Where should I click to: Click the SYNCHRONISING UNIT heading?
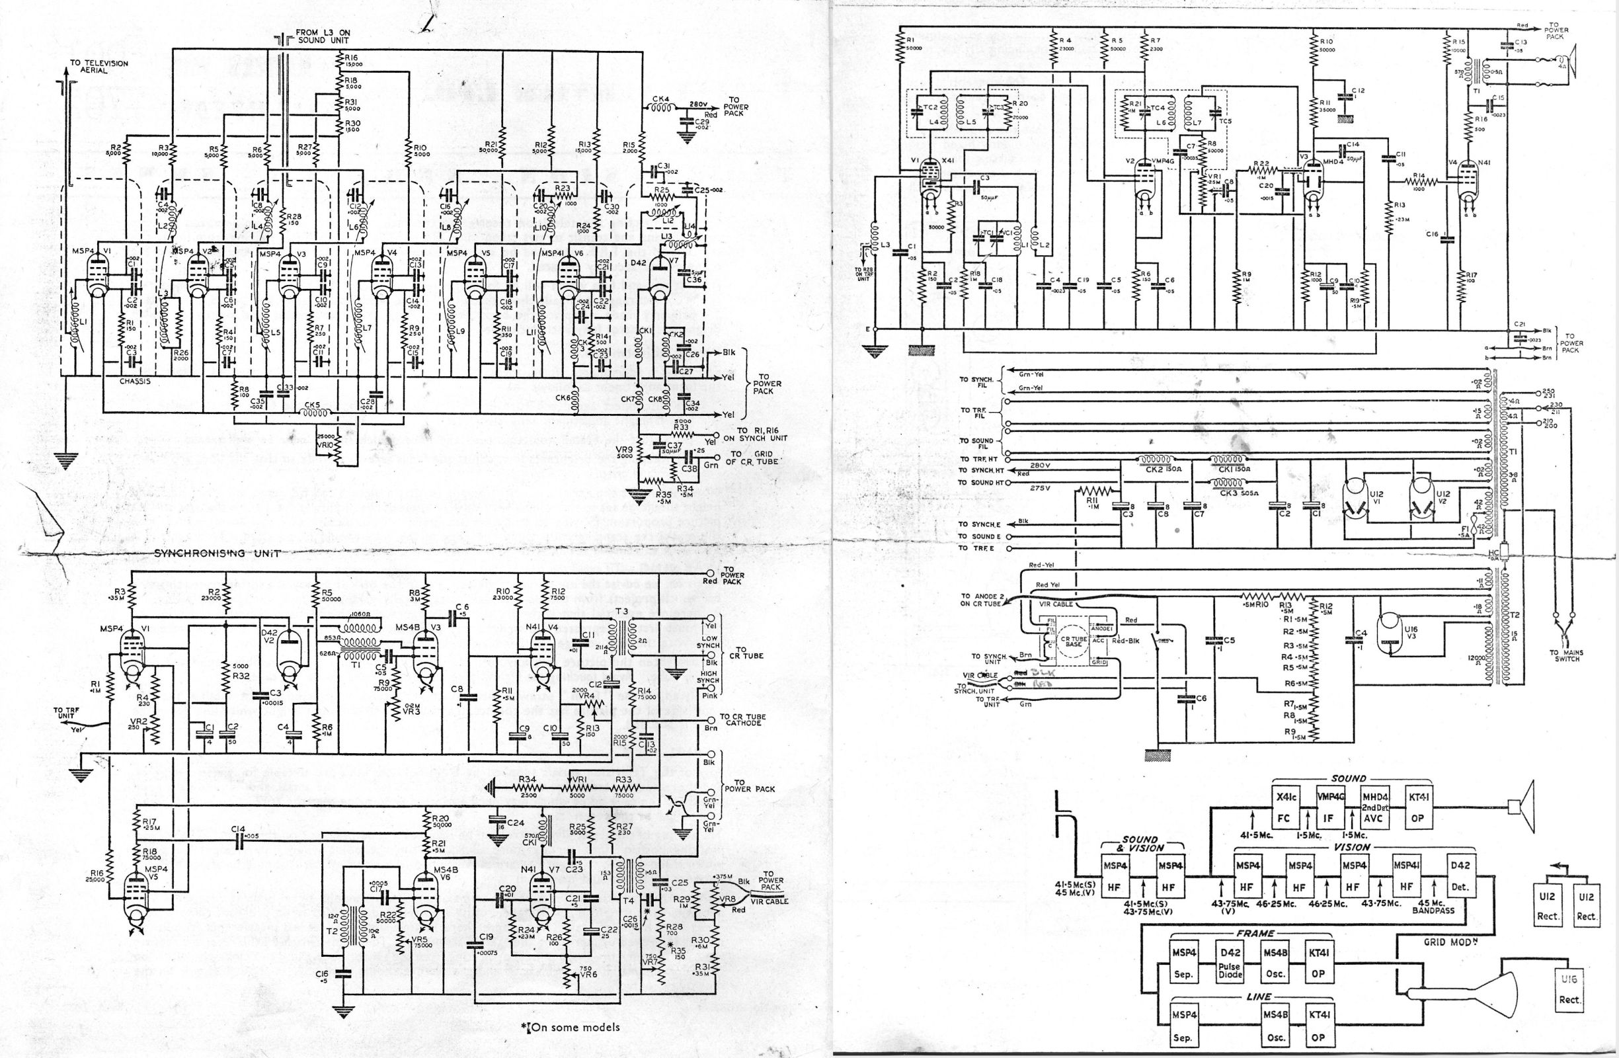coord(217,553)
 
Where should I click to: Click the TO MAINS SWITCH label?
coord(1565,655)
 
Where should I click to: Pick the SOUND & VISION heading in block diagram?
coord(1143,844)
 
